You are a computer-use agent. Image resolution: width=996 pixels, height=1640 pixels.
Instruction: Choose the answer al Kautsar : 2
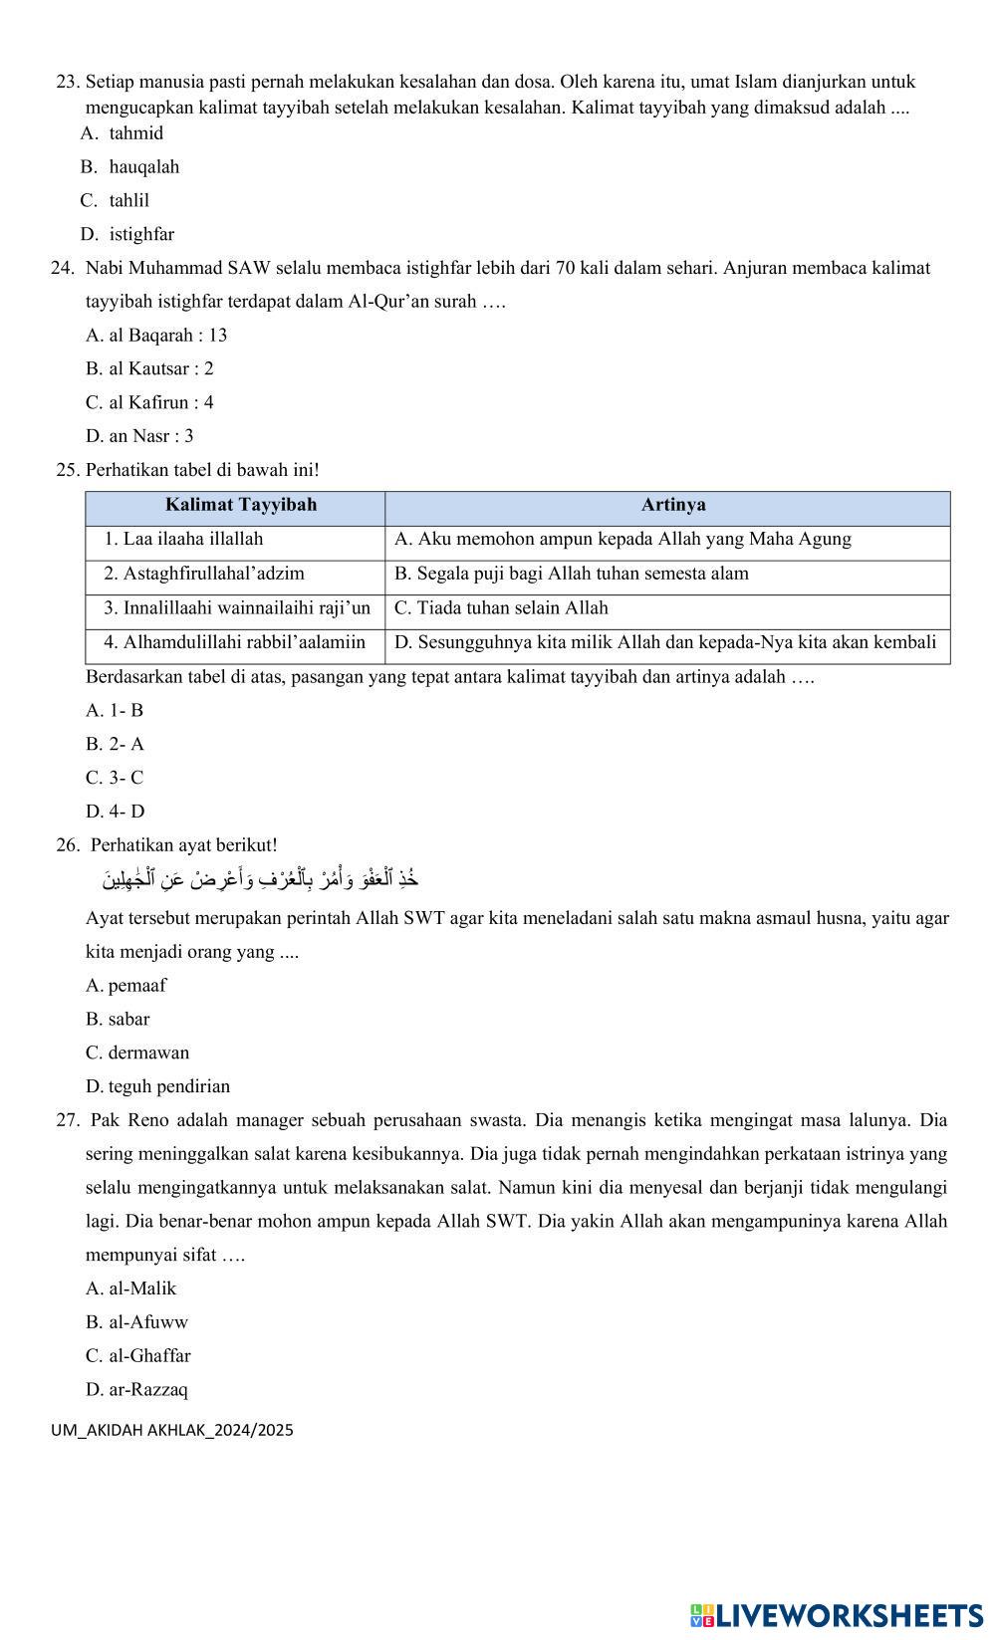[149, 368]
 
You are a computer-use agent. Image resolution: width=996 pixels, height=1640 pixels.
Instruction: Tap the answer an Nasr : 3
[139, 436]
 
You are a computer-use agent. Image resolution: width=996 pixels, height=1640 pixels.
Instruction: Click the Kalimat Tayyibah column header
[240, 505]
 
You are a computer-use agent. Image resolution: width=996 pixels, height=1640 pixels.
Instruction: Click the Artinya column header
[673, 505]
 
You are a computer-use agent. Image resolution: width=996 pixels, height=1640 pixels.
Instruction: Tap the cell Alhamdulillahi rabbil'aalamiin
[234, 643]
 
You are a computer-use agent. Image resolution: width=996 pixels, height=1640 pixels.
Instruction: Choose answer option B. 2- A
[116, 745]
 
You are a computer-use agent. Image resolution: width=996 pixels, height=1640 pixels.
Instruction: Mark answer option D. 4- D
[116, 812]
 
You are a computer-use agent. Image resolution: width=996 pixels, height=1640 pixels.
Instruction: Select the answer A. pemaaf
[126, 986]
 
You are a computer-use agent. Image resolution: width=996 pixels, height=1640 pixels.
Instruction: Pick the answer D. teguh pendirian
[157, 1086]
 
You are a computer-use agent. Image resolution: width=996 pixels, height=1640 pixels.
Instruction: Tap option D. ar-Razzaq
[136, 1390]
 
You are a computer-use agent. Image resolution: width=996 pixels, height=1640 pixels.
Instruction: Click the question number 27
[68, 1120]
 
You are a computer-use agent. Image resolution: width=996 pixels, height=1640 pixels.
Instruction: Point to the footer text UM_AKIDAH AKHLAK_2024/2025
[172, 1431]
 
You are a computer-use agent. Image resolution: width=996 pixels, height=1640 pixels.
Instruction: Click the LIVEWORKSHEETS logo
[836, 1614]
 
